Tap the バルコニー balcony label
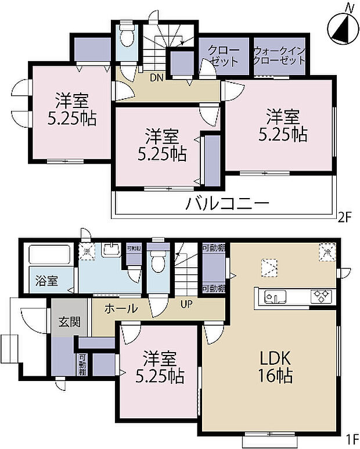[228, 204]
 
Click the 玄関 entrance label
[69, 322]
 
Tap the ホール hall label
[121, 308]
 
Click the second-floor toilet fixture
[127, 38]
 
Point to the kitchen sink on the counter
[275, 297]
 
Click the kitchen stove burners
[321, 296]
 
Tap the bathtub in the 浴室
[49, 256]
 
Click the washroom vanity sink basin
[109, 252]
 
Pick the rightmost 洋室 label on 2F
[283, 124]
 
